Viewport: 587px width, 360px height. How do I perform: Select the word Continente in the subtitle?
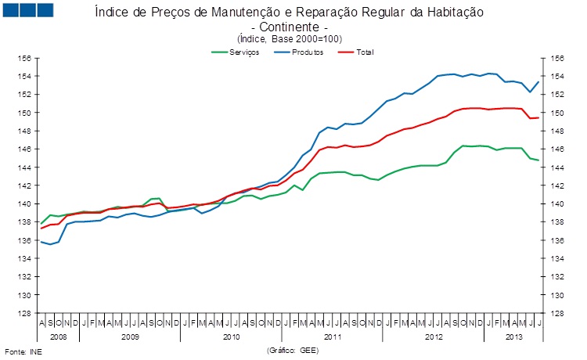click(x=290, y=27)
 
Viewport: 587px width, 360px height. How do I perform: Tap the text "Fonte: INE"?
click(x=23, y=351)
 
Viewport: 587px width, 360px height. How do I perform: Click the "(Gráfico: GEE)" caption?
click(x=293, y=350)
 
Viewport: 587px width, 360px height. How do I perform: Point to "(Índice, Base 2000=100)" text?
click(x=290, y=39)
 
